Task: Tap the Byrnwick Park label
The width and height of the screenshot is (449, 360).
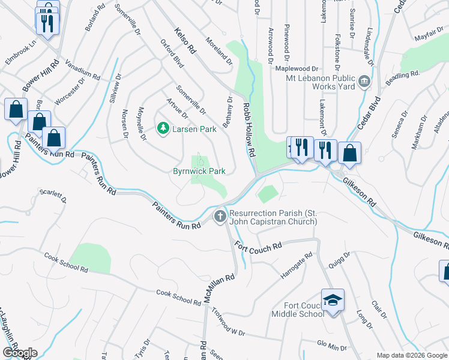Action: pyautogui.click(x=199, y=171)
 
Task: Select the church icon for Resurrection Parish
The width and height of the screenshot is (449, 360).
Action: pyautogui.click(x=220, y=216)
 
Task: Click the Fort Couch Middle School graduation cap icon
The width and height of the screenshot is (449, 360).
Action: pyautogui.click(x=333, y=299)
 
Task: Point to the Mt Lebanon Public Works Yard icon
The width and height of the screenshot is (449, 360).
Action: pyautogui.click(x=364, y=81)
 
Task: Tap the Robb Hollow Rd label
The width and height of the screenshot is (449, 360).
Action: pyautogui.click(x=249, y=130)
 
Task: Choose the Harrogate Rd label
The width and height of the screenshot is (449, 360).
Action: pyautogui.click(x=297, y=266)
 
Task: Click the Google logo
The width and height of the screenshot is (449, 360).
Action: pyautogui.click(x=20, y=353)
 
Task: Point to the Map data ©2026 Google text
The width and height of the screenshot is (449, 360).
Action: pyautogui.click(x=411, y=355)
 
